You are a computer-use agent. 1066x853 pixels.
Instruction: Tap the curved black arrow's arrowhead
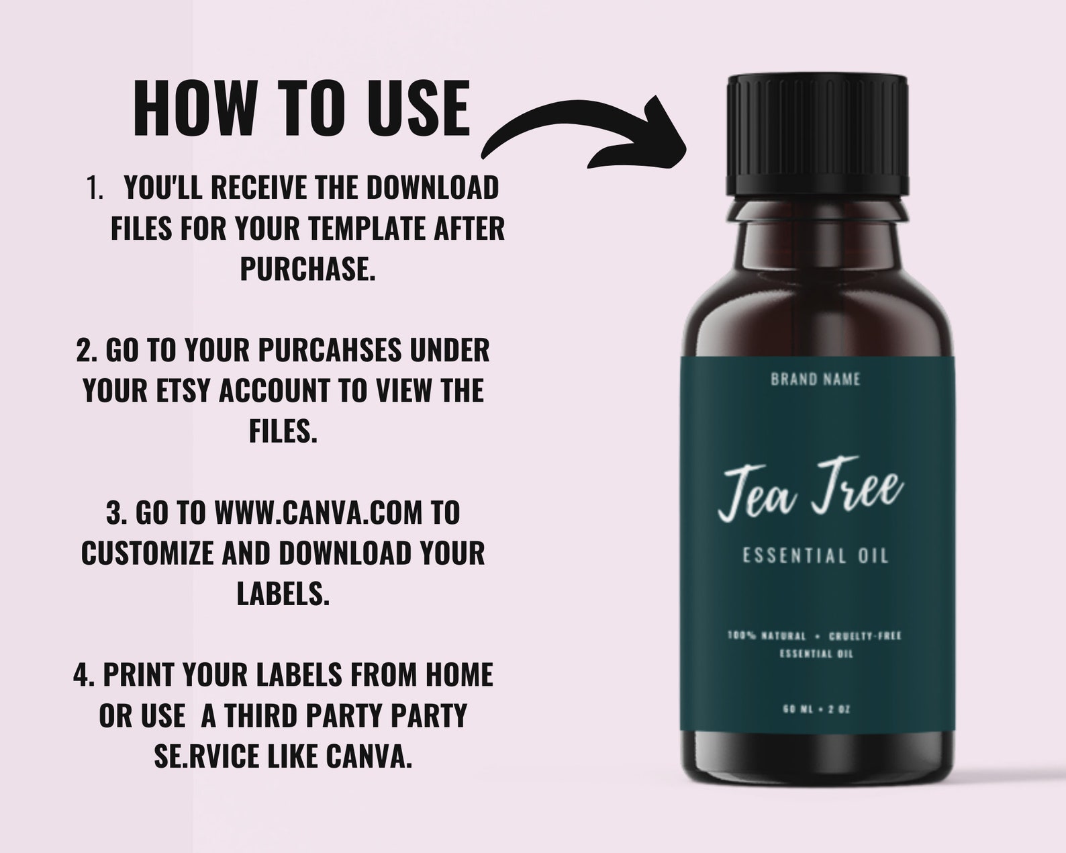(655, 134)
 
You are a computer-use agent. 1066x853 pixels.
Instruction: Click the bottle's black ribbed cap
(817, 134)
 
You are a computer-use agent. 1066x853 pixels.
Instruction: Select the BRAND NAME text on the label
(815, 379)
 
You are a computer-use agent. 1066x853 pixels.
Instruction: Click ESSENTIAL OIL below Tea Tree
(815, 556)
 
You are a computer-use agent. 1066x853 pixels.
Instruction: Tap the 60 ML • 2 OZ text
(816, 709)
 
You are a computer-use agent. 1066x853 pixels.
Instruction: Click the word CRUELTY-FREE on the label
(865, 635)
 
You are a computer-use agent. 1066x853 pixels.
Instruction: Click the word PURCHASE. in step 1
(307, 269)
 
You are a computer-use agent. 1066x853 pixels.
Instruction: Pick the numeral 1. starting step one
(95, 188)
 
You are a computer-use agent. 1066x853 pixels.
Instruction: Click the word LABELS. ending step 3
(283, 593)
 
